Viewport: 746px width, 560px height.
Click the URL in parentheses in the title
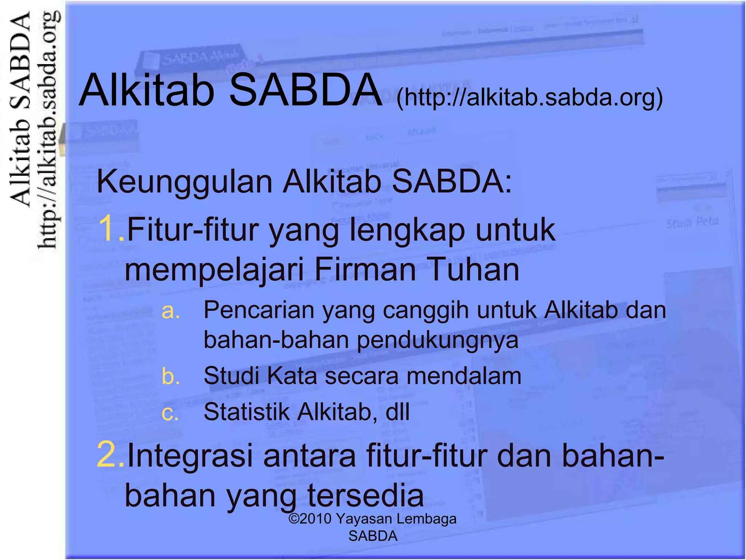point(529,98)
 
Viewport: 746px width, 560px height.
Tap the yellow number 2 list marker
point(110,454)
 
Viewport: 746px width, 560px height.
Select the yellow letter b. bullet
point(170,376)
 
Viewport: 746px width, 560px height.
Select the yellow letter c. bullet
point(170,413)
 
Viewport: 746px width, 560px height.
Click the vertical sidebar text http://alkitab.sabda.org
point(48,131)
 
